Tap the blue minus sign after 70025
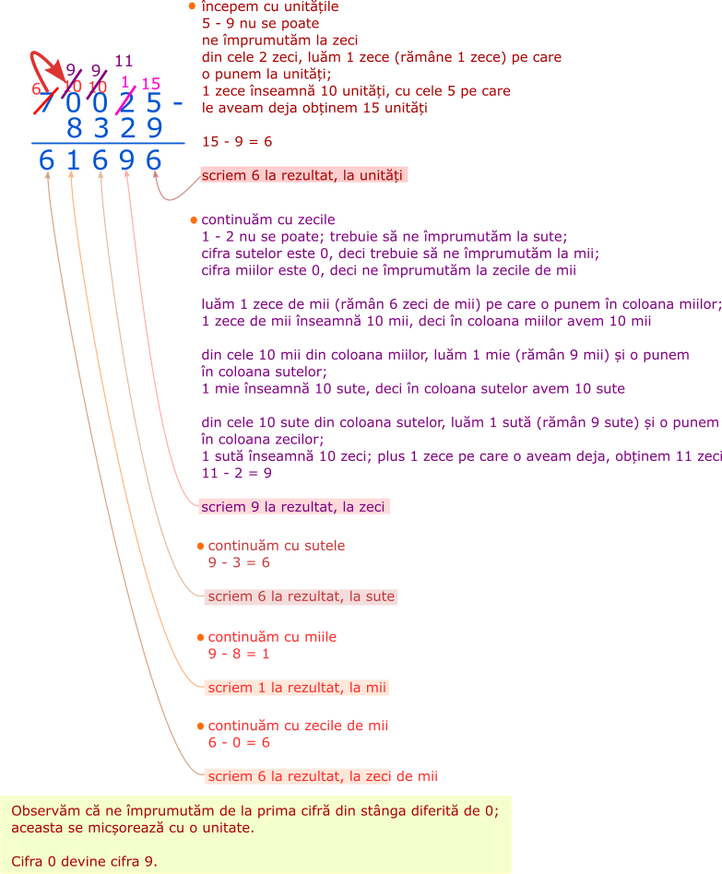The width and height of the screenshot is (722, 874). [178, 103]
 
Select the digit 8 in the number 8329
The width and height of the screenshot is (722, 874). [74, 127]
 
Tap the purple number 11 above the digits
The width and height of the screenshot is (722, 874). [124, 62]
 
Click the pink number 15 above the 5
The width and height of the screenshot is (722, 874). [152, 84]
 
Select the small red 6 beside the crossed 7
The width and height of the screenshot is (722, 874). [36, 89]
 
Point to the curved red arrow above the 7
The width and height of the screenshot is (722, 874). [41, 65]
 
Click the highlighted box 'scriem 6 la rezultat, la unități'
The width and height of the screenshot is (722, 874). [303, 175]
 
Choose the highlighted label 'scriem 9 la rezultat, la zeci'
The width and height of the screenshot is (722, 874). [294, 506]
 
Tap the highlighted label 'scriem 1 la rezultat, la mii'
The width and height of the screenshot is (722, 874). [296, 688]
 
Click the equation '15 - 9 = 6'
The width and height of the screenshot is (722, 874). [237, 142]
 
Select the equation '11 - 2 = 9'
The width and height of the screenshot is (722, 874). [236, 473]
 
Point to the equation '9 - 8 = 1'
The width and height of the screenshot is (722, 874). [239, 654]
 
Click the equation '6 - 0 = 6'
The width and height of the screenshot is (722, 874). [239, 742]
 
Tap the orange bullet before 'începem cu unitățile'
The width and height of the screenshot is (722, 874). [192, 6]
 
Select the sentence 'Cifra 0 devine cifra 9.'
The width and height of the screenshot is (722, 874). [85, 861]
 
